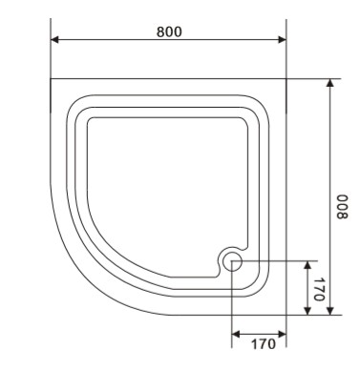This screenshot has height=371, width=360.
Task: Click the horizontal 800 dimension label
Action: click(x=169, y=31)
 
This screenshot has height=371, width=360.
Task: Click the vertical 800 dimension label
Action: click(x=343, y=207)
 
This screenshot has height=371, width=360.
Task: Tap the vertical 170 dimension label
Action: click(x=319, y=289)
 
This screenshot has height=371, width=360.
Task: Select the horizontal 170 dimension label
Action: click(x=264, y=343)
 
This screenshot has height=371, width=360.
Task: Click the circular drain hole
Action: click(x=232, y=261)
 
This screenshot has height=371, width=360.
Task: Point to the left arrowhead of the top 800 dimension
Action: click(x=54, y=40)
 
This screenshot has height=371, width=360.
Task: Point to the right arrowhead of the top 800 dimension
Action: click(x=282, y=40)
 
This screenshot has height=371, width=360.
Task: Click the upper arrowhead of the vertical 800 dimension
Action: click(x=330, y=83)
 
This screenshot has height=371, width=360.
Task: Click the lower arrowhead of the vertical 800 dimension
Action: click(x=330, y=311)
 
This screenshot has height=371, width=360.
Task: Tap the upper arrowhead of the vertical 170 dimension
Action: click(x=307, y=265)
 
